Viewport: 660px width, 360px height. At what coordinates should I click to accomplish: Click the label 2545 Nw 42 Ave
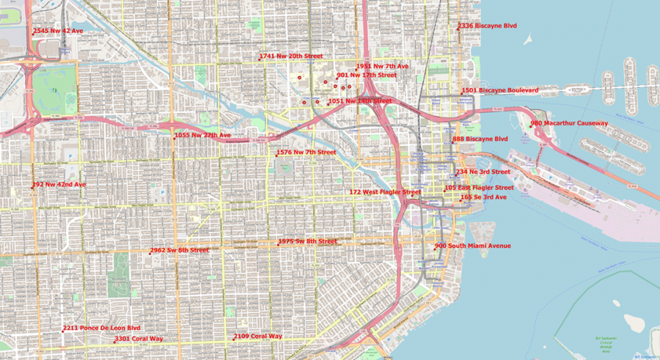pyautogui.click(x=58, y=31)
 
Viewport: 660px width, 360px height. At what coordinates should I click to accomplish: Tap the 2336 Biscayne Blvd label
pyautogui.click(x=488, y=26)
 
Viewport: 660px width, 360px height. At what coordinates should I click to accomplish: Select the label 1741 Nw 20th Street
pyautogui.click(x=290, y=56)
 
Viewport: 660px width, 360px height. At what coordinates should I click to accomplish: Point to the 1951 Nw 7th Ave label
pyautogui.click(x=383, y=66)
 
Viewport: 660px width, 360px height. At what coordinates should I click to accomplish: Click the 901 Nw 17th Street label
pyautogui.click(x=367, y=75)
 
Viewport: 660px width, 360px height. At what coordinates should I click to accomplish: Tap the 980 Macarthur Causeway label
pyautogui.click(x=569, y=123)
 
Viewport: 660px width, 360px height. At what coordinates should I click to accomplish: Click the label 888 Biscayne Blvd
pyautogui.click(x=480, y=139)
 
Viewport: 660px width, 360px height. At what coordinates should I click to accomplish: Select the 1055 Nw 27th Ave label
pyautogui.click(x=202, y=136)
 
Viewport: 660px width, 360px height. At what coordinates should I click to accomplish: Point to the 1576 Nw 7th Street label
pyautogui.click(x=307, y=153)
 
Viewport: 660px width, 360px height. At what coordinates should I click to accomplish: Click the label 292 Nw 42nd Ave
pyautogui.click(x=59, y=184)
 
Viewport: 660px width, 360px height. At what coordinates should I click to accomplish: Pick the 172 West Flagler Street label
pyautogui.click(x=385, y=192)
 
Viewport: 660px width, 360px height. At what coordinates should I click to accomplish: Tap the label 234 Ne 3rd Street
pyautogui.click(x=483, y=172)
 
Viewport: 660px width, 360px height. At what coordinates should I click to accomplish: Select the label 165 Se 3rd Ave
pyautogui.click(x=484, y=197)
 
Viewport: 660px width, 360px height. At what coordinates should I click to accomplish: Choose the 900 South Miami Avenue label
pyautogui.click(x=473, y=246)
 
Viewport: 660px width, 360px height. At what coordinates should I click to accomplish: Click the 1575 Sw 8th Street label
pyautogui.click(x=308, y=241)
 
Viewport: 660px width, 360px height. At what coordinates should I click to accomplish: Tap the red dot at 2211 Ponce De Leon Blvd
pyautogui.click(x=62, y=331)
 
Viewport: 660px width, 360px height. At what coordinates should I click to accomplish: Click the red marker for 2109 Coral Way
pyautogui.click(x=234, y=339)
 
